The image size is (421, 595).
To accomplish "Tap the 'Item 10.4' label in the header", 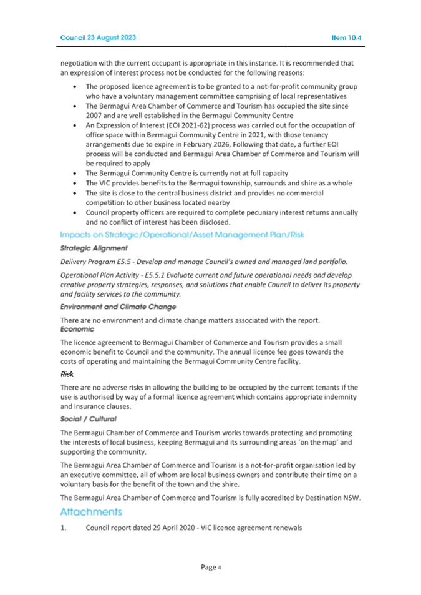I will pyautogui.click(x=346, y=37).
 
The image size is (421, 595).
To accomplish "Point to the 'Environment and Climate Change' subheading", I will pyautogui.click(x=118, y=307).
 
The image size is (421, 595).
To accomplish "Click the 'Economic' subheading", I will pyautogui.click(x=77, y=328).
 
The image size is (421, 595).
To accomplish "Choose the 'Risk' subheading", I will pyautogui.click(x=67, y=375).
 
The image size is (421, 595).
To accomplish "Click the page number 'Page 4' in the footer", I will pyautogui.click(x=210, y=567).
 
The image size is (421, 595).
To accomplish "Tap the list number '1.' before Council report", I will pyautogui.click(x=64, y=528).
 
